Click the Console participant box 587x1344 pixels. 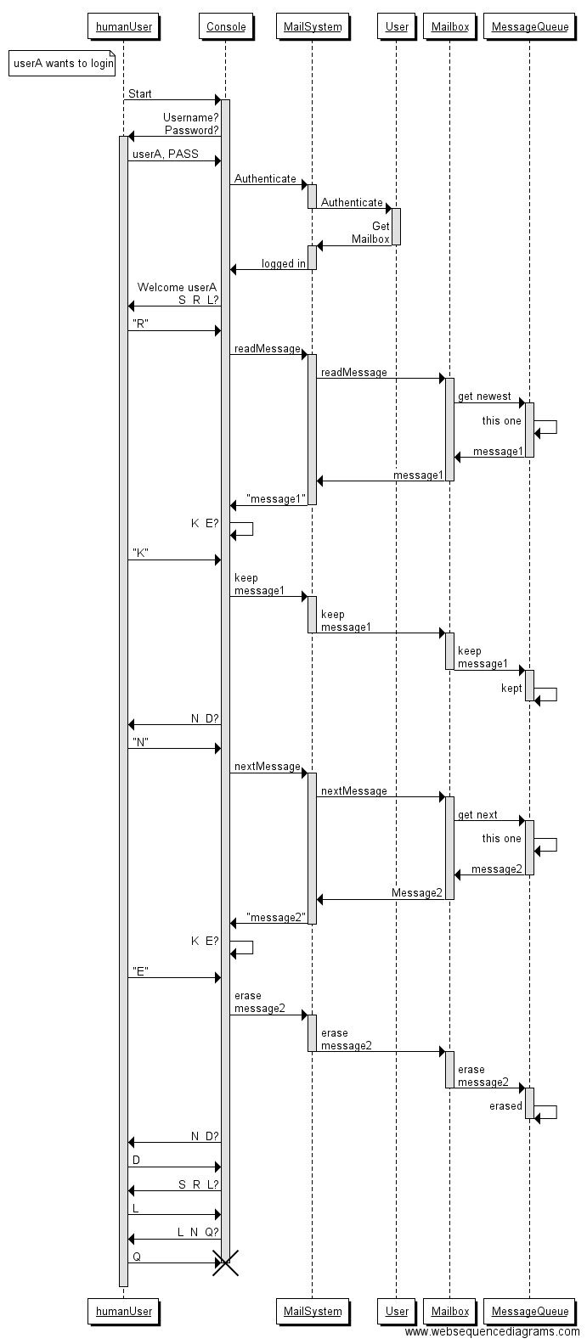pos(225,26)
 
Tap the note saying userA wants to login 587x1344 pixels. pos(62,64)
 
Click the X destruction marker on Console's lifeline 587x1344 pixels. pos(225,1262)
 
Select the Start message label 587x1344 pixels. pos(140,93)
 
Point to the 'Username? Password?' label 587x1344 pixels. pos(191,124)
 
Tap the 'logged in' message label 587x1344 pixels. pos(284,264)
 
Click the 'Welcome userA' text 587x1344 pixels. pos(177,287)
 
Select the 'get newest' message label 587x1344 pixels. pos(484,396)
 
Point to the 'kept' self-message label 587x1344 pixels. pos(511,689)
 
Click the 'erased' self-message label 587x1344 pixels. pos(505,1106)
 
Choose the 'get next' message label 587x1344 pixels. pos(477,815)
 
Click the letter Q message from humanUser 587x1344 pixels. pos(137,1257)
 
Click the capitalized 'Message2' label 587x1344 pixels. pos(417,893)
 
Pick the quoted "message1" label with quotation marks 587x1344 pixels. pos(275,499)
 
